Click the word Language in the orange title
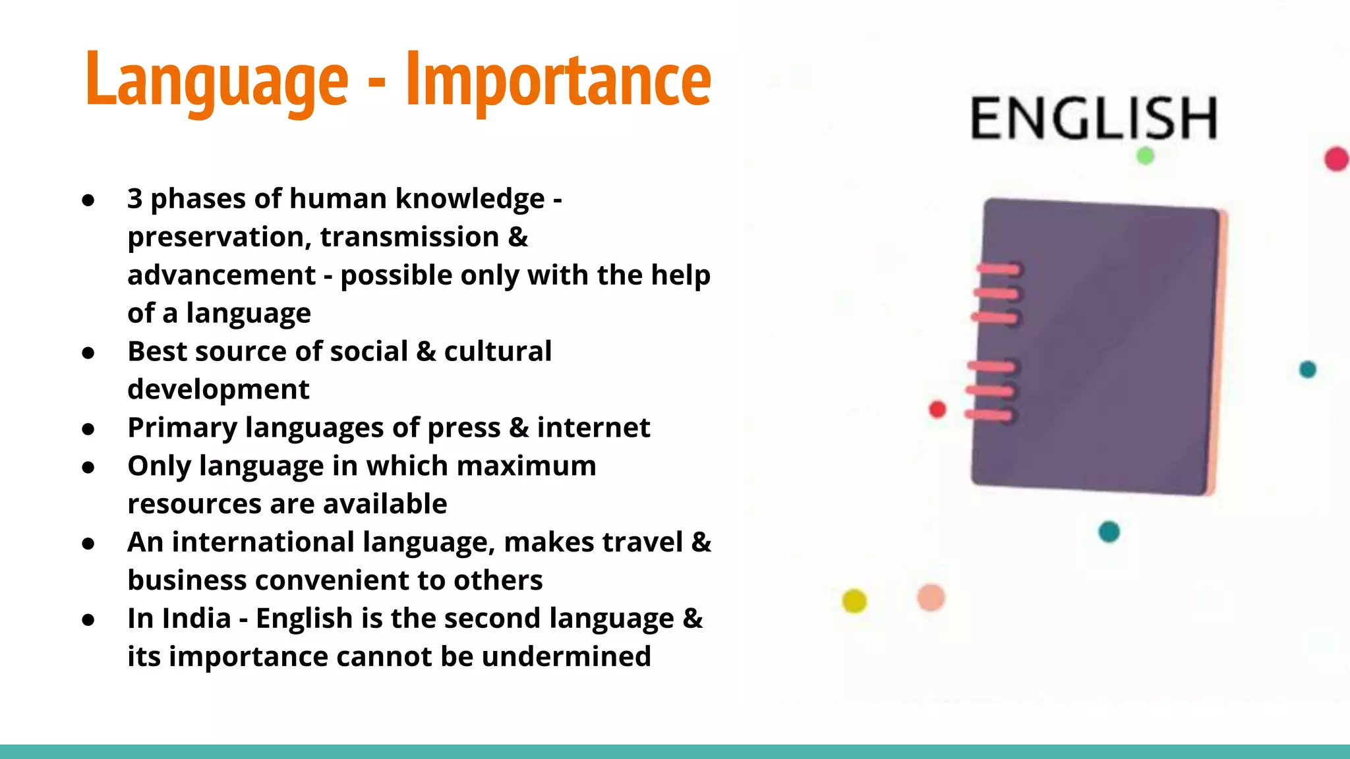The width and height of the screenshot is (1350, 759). click(216, 80)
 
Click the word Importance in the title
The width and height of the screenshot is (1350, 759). click(558, 80)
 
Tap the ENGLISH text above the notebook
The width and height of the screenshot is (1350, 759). click(1094, 119)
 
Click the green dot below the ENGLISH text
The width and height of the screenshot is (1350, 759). click(1145, 156)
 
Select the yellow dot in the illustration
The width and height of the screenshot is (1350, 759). click(854, 600)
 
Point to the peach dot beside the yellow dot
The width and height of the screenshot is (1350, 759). click(931, 598)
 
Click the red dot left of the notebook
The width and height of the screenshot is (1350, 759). click(937, 409)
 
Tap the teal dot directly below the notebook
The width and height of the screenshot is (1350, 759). click(1109, 531)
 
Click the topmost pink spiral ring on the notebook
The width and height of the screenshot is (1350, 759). click(998, 269)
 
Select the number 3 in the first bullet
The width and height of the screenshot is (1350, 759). click(134, 198)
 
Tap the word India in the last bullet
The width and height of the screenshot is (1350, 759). click(196, 619)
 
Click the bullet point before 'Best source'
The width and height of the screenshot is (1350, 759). click(88, 352)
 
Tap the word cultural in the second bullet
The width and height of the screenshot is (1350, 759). click(498, 351)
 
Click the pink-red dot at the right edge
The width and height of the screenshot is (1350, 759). click(1336, 159)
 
